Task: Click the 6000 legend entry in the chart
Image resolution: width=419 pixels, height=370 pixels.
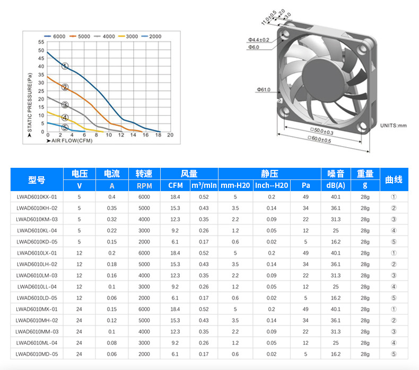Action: [x=55, y=37]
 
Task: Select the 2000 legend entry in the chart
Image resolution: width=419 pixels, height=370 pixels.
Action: [x=151, y=37]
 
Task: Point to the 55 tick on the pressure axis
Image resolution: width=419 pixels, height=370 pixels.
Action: [x=41, y=42]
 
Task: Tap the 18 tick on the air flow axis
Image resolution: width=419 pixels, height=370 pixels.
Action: [x=158, y=135]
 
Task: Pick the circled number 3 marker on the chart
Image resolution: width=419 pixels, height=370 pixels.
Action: [x=65, y=105]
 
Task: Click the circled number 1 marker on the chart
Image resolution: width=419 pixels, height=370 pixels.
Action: [x=65, y=66]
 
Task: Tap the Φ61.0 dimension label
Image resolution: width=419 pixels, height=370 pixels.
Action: [x=264, y=89]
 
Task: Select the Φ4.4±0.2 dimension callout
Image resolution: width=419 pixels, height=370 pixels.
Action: [x=259, y=40]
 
